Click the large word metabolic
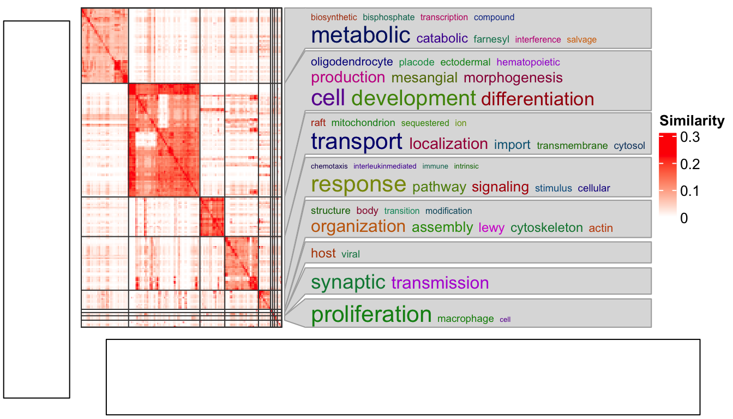pyautogui.click(x=360, y=35)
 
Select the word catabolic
pyautogui.click(x=442, y=39)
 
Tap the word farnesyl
pyautogui.click(x=491, y=39)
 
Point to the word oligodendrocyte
pyautogui.click(x=352, y=62)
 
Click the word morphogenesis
pyautogui.click(x=513, y=77)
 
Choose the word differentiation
pyautogui.click(x=537, y=99)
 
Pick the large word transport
pyautogui.click(x=357, y=142)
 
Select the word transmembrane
pyautogui.click(x=572, y=146)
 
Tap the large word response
pyautogui.click(x=358, y=185)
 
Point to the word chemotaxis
pyautogui.click(x=329, y=166)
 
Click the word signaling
pyautogui.click(x=500, y=187)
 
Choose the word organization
pyautogui.click(x=358, y=226)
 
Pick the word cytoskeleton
pyautogui.click(x=546, y=228)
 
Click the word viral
pyautogui.click(x=351, y=254)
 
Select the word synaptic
pyautogui.click(x=348, y=282)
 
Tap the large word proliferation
pyautogui.click(x=371, y=315)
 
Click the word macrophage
pyautogui.click(x=465, y=319)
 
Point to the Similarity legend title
pyautogui.click(x=692, y=121)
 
